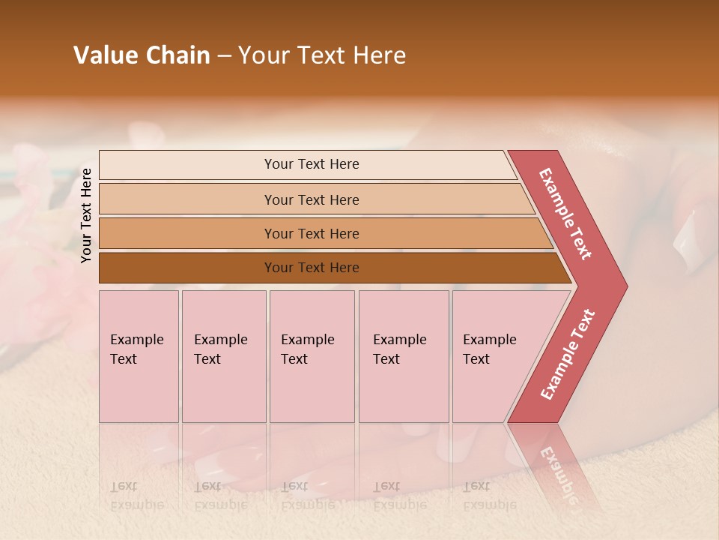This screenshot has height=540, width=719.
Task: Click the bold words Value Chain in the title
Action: tap(142, 55)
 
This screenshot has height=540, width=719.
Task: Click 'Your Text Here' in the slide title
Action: tap(322, 55)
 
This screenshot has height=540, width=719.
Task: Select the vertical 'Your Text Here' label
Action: tap(86, 215)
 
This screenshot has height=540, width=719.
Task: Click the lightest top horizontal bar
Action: tap(311, 164)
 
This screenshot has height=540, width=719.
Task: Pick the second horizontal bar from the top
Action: tap(311, 199)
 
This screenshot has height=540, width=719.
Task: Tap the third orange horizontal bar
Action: tap(311, 233)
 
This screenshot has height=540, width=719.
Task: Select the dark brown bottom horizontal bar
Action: tap(311, 268)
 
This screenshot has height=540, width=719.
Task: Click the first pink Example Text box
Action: tap(138, 355)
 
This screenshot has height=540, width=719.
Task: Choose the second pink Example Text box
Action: tap(223, 355)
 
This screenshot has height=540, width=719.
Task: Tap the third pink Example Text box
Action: tap(311, 355)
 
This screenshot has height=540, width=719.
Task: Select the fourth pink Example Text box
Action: tap(403, 355)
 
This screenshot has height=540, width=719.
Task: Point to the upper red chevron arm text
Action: tap(565, 214)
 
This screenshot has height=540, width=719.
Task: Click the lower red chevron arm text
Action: tap(567, 355)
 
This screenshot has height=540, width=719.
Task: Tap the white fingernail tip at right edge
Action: tap(687, 241)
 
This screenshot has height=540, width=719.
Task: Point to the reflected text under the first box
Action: tap(136, 496)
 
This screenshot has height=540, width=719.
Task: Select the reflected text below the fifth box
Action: tap(490, 496)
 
